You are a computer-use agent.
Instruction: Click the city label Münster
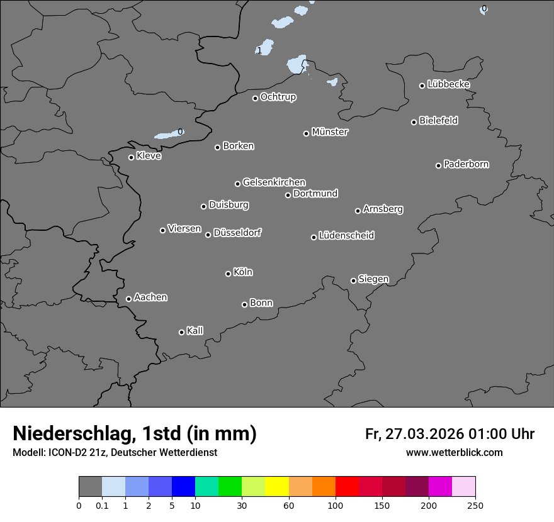[x=330, y=132]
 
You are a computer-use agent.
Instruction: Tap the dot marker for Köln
[x=228, y=274]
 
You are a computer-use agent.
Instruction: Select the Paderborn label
[x=466, y=164]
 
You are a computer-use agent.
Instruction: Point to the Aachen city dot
[x=128, y=299]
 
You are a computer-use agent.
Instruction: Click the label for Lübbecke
[x=449, y=84]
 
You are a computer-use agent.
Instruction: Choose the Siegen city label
[x=373, y=279]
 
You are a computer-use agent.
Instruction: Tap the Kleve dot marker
[x=131, y=157]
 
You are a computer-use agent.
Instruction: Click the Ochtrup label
[x=278, y=97]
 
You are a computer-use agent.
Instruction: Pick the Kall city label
[x=195, y=331]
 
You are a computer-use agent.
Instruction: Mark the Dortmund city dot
[x=288, y=195]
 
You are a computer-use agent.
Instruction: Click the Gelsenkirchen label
[x=274, y=182]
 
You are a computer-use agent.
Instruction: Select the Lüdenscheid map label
[x=347, y=236]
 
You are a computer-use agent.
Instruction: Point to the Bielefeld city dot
[x=414, y=122]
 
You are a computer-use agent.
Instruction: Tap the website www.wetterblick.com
[x=455, y=452]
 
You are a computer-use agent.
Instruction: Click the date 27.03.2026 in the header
[x=422, y=434]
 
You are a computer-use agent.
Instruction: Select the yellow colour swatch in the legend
[x=277, y=487]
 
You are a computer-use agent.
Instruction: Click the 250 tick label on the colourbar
[x=475, y=505]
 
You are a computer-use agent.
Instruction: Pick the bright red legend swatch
[x=347, y=487]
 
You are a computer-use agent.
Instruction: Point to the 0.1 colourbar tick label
[x=102, y=505]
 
